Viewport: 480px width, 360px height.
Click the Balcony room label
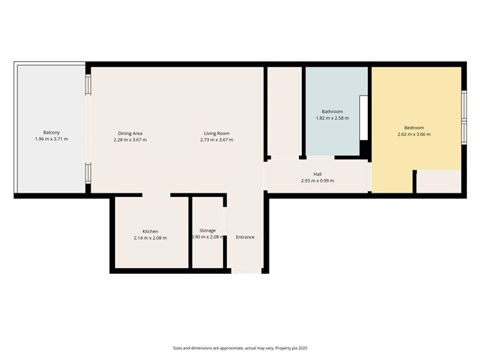coord(51,133)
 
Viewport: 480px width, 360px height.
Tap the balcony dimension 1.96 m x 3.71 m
coord(51,139)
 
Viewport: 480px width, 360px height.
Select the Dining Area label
coord(130,134)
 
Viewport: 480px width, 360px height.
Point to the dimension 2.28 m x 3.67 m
coord(130,140)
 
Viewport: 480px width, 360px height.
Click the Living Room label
coord(216,134)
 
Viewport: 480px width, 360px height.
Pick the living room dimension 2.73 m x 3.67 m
coord(216,140)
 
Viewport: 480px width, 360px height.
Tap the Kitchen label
coord(150,231)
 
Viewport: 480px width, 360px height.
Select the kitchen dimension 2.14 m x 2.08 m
coord(150,238)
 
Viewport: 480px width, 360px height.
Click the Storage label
coord(208,231)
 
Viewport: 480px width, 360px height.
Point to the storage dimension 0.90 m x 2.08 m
coord(208,238)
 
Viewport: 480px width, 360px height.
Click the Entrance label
coord(245,237)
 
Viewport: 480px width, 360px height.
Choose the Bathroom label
coord(332,111)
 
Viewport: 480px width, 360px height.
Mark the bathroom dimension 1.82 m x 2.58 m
coord(332,118)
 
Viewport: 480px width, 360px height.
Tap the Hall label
coord(318,173)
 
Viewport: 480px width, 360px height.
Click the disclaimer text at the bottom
coord(239,347)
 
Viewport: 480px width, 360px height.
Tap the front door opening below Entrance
coord(246,271)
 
